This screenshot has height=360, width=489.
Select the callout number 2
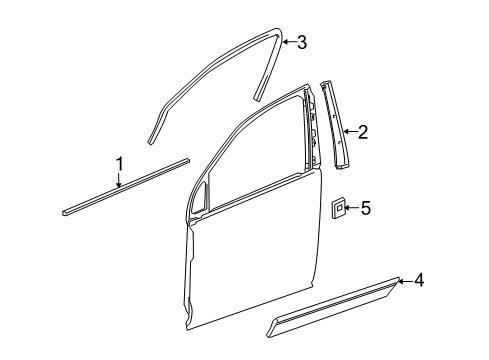(x=363, y=130)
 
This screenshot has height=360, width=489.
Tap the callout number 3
(x=302, y=41)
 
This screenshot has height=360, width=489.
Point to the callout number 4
(x=419, y=281)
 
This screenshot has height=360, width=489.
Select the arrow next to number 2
(x=349, y=131)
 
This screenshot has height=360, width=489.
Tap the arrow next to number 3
(x=288, y=41)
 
